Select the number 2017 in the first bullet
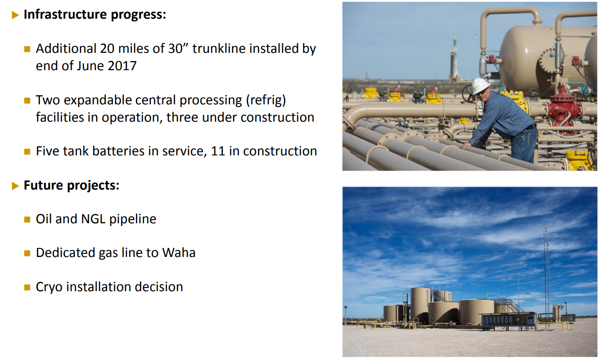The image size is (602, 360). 122,66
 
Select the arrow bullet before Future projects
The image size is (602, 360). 15,186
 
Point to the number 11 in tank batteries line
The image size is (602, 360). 218,151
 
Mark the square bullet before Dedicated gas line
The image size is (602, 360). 27,253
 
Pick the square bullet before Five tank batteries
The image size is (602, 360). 27,151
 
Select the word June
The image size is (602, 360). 91,66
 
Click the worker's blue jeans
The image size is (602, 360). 524,146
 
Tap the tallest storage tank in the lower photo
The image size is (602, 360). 420,304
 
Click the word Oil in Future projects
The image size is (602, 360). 44,219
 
